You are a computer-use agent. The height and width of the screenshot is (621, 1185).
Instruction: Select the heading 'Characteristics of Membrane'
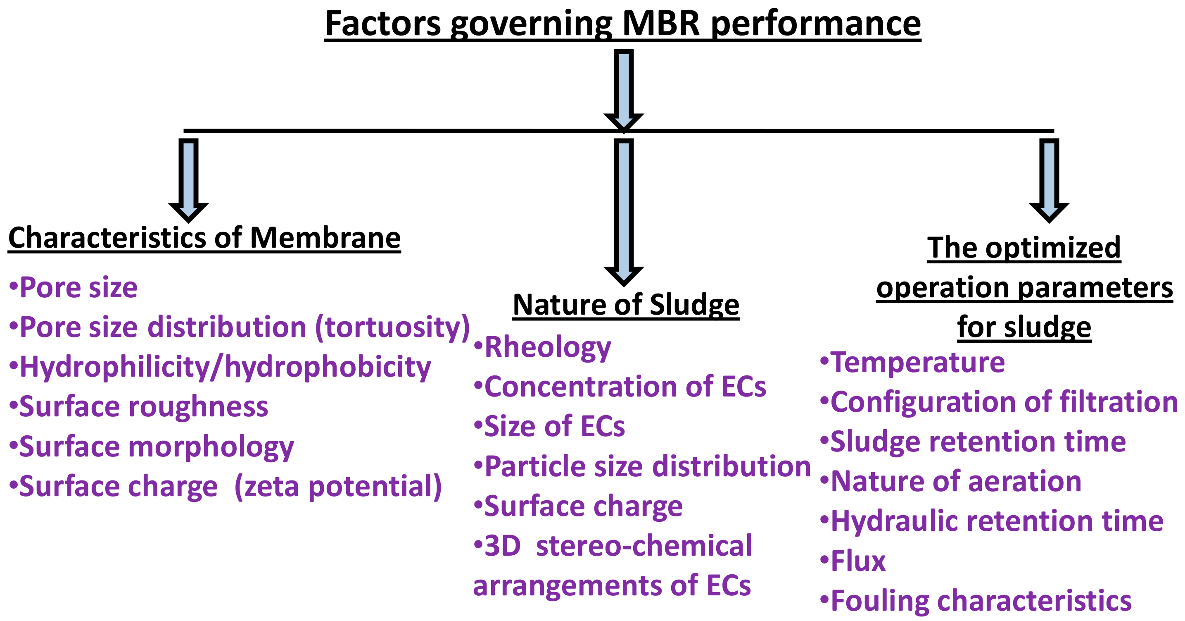tap(204, 238)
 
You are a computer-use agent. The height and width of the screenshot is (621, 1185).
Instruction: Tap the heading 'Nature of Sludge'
tap(626, 305)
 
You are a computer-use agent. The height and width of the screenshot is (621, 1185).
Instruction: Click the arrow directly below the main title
tap(623, 90)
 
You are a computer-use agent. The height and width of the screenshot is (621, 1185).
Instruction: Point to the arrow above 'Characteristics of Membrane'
tap(189, 179)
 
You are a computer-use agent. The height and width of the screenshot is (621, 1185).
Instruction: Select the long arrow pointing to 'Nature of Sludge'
tap(623, 212)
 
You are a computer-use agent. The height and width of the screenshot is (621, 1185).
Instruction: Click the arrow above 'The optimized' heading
tap(1049, 179)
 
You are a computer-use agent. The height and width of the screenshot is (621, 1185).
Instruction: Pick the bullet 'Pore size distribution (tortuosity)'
tap(239, 327)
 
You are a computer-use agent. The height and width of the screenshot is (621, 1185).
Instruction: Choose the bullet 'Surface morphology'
tap(152, 447)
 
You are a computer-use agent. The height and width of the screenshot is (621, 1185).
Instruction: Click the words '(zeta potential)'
tap(338, 487)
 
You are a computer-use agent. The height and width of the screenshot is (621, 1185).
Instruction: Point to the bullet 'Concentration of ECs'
tap(620, 387)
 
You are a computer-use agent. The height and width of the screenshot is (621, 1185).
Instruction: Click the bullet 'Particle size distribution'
tap(642, 466)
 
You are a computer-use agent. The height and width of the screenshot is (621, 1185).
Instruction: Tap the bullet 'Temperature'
tap(913, 363)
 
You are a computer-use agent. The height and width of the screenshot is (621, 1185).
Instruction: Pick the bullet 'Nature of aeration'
tap(951, 482)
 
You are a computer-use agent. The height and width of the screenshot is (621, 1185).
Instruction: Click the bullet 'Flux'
tap(853, 561)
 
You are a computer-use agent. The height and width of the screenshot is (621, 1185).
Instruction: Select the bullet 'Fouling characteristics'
tap(976, 601)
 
